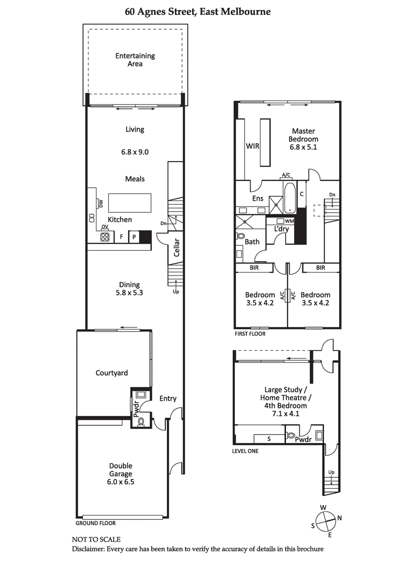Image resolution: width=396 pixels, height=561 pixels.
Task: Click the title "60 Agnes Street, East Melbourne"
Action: tap(198, 11)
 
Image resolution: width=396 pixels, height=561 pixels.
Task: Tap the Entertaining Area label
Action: tap(135, 59)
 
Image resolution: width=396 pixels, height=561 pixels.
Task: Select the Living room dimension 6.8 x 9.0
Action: tap(135, 152)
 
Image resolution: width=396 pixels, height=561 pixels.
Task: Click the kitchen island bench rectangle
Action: tap(129, 203)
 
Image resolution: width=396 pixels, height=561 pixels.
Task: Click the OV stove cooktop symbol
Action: tap(105, 236)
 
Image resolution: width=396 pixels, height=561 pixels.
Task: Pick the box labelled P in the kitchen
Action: tap(134, 237)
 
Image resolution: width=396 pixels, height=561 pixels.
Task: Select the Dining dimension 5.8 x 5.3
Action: tap(129, 293)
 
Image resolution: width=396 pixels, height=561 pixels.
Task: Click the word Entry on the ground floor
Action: tap(167, 398)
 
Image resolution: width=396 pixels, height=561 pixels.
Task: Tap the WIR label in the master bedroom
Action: tap(253, 146)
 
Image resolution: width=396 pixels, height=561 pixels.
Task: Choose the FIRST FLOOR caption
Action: tap(250, 334)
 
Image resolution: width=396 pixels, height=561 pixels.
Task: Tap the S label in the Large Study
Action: tap(269, 439)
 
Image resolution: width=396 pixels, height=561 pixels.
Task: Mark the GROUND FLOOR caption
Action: tap(95, 523)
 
